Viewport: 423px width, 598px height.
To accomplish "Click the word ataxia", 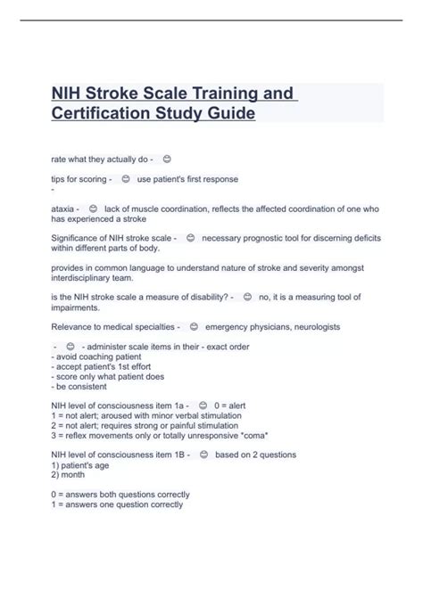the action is (x=64, y=208).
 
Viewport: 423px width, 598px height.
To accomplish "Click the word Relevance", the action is (x=74, y=327).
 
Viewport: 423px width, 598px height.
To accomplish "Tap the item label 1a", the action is (x=182, y=405).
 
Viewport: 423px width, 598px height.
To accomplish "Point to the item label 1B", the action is (x=182, y=455).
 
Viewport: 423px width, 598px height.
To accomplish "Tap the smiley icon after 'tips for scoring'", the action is (x=125, y=179).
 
